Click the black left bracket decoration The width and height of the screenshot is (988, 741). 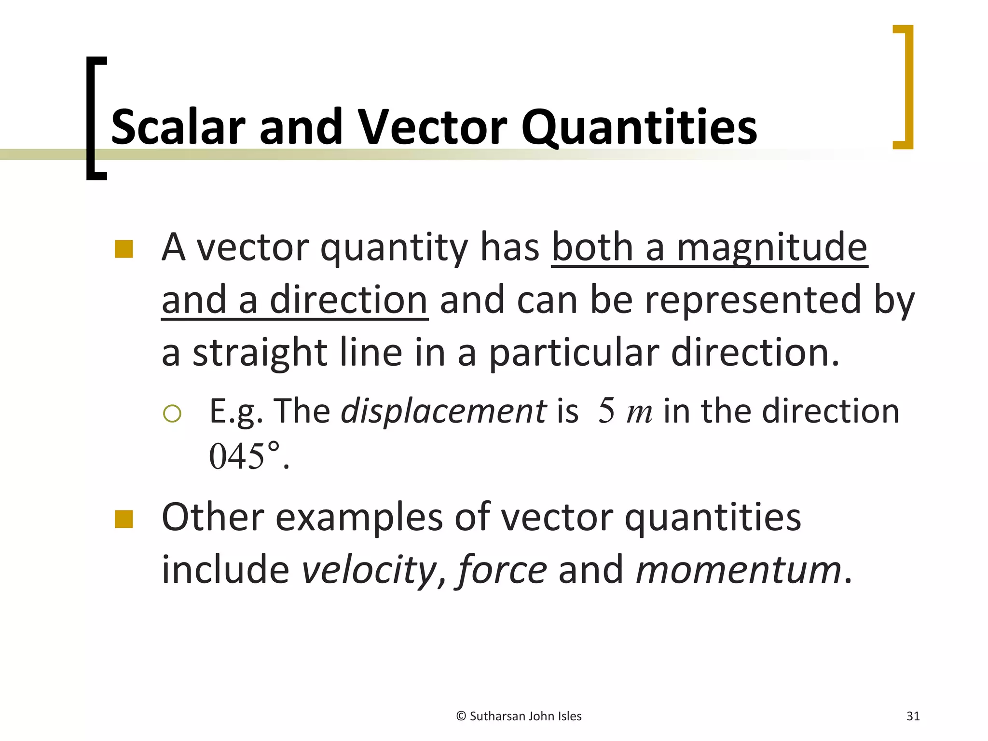[x=92, y=118]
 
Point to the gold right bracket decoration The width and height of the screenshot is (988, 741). [x=907, y=87]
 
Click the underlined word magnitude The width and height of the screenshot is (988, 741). [x=772, y=247]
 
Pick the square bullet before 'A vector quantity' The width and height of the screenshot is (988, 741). [x=124, y=249]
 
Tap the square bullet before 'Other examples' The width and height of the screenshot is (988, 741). [x=124, y=519]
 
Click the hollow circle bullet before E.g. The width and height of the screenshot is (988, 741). [x=172, y=413]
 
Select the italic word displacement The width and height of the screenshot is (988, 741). [x=443, y=412]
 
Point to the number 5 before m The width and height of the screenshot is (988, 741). [x=606, y=412]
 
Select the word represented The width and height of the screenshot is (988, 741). [x=753, y=300]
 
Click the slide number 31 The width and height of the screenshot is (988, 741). [x=913, y=716]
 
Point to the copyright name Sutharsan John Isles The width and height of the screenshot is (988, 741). [x=525, y=716]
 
